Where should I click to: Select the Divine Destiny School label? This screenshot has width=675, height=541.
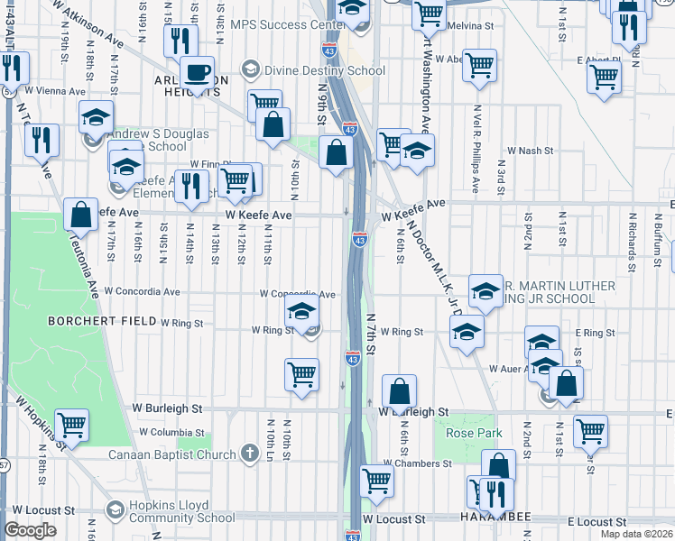312,69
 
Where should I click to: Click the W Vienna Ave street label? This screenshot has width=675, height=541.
55,90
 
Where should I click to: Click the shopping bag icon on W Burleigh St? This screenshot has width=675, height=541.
399,390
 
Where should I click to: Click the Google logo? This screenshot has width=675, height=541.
30,530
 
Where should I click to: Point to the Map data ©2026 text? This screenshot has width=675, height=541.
636,535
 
